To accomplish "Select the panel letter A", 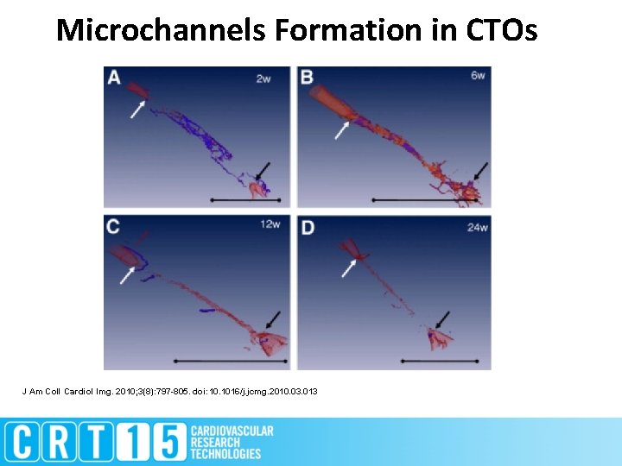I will (x=115, y=78).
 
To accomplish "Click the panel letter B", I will (x=307, y=78).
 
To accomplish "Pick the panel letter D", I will (x=308, y=227).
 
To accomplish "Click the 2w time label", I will (x=263, y=79).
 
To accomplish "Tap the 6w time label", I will (x=478, y=76).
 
